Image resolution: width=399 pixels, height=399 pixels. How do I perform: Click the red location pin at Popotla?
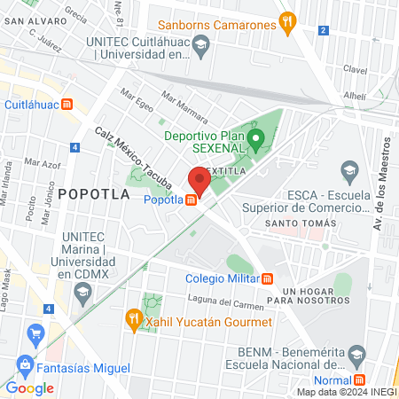[199, 182]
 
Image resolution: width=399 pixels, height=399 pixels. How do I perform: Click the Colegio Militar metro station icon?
[267, 278]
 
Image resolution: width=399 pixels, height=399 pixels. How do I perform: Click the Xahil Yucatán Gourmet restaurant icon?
[133, 317]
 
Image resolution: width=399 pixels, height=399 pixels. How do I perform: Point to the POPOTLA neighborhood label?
[94, 193]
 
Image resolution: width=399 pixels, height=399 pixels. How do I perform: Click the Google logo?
[29, 387]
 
